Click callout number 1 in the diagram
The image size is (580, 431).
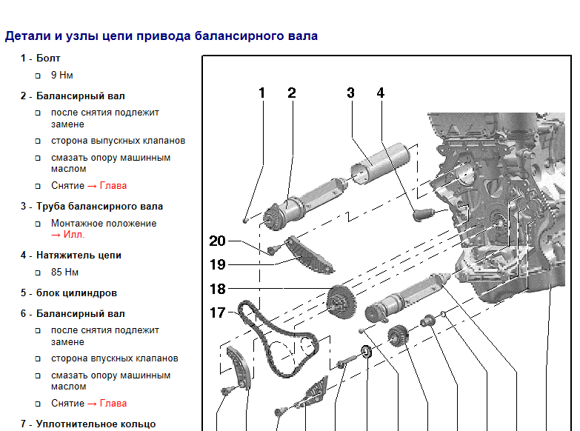(262, 93)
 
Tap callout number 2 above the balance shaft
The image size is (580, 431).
(292, 93)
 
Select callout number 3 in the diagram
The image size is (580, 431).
(350, 93)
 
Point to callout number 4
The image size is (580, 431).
(381, 93)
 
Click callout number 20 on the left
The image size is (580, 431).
(218, 241)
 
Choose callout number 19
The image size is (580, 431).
(218, 264)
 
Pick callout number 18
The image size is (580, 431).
(218, 289)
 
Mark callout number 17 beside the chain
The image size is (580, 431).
(218, 313)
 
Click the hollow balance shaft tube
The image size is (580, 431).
(379, 163)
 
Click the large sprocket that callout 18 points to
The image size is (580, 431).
(341, 301)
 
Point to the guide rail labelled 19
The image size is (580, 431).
(309, 255)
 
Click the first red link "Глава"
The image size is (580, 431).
(113, 186)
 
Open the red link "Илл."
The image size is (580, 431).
(73, 235)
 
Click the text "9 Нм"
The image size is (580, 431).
(61, 75)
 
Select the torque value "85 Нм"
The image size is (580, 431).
(64, 273)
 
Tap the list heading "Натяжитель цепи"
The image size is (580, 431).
(79, 255)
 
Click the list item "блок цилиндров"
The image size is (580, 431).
(76, 293)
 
